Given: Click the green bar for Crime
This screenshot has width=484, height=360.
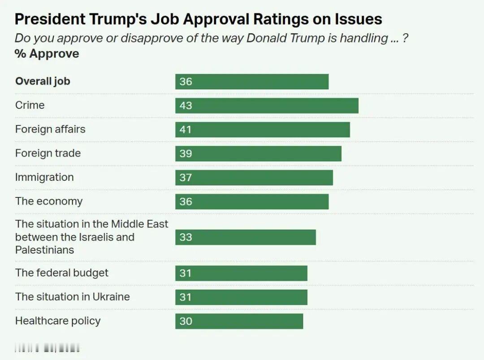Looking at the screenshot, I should (267, 106).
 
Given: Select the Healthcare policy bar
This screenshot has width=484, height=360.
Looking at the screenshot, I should (239, 321).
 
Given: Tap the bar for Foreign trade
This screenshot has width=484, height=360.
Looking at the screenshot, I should (258, 154).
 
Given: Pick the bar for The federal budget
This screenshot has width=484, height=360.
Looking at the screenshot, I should (241, 273).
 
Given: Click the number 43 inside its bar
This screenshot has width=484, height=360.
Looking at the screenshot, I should (186, 106).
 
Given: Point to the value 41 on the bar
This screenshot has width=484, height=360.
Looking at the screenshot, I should (186, 130).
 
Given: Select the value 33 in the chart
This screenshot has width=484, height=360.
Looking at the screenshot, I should (186, 237).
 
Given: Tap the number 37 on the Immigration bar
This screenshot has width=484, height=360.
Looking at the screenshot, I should (186, 178).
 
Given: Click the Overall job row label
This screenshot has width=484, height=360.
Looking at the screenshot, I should (43, 81).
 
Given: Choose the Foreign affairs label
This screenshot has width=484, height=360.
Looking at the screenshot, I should (50, 129).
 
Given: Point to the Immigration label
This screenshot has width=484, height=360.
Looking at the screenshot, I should (44, 177).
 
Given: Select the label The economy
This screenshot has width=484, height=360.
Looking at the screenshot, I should (49, 201).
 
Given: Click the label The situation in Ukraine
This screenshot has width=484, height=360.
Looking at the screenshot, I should (73, 296).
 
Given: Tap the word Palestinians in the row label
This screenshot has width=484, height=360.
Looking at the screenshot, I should (44, 250).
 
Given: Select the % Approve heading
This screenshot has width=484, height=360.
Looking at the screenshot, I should (47, 54).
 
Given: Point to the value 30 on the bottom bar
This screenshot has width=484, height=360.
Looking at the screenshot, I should (186, 321).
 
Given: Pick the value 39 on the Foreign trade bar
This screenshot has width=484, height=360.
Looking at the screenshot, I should (186, 154).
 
